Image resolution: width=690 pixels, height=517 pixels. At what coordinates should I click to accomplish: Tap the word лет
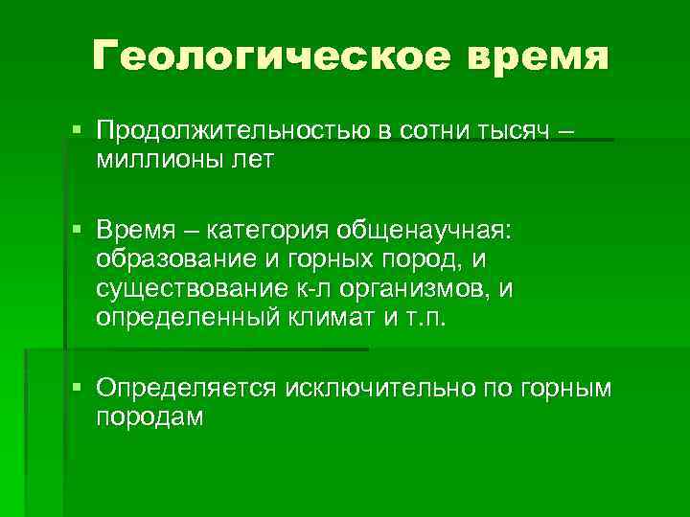click(251, 159)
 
